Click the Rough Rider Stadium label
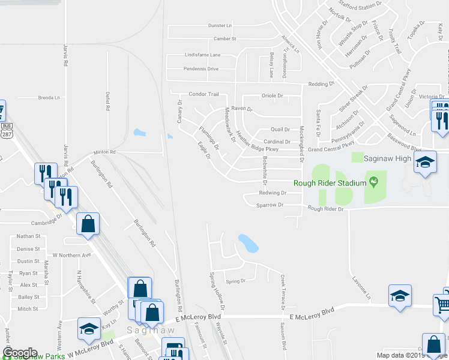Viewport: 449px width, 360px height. pyautogui.click(x=330, y=183)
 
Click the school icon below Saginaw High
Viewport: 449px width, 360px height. pyautogui.click(x=426, y=164)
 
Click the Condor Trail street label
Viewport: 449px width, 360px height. pyautogui.click(x=204, y=94)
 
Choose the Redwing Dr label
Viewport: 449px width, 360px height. pyautogui.click(x=272, y=193)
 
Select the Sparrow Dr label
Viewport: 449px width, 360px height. pyautogui.click(x=270, y=205)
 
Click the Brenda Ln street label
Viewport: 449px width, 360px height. pyautogui.click(x=49, y=97)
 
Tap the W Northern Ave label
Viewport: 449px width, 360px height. pyautogui.click(x=71, y=255)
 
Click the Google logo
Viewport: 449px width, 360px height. pyautogui.click(x=19, y=352)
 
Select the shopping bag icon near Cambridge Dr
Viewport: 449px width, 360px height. pyautogui.click(x=88, y=225)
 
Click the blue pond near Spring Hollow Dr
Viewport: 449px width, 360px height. pyautogui.click(x=248, y=243)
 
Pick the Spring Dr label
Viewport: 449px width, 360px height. pyautogui.click(x=235, y=281)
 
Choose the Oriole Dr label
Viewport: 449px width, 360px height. pyautogui.click(x=271, y=96)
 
